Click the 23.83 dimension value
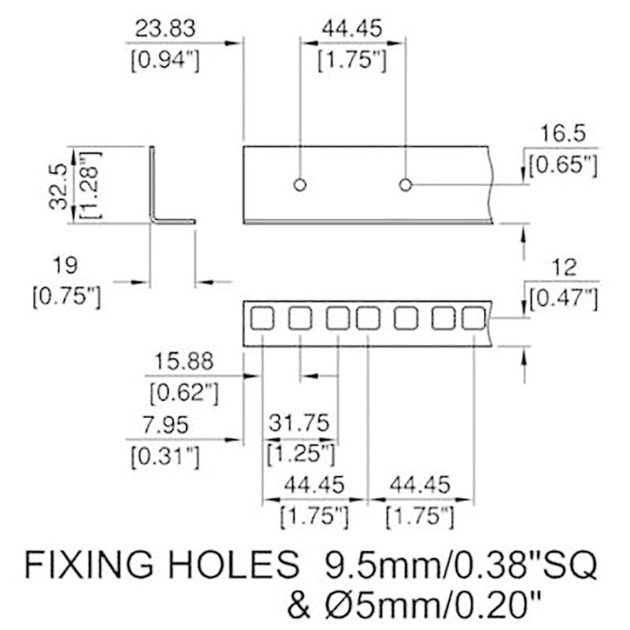click(x=164, y=29)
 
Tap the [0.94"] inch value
click(x=164, y=61)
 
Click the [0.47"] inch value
click(x=562, y=298)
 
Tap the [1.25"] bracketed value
click(x=301, y=453)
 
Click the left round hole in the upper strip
click(x=298, y=186)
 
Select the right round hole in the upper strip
click(x=405, y=186)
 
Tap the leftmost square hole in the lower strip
click(x=261, y=319)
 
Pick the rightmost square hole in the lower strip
click(x=472, y=319)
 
